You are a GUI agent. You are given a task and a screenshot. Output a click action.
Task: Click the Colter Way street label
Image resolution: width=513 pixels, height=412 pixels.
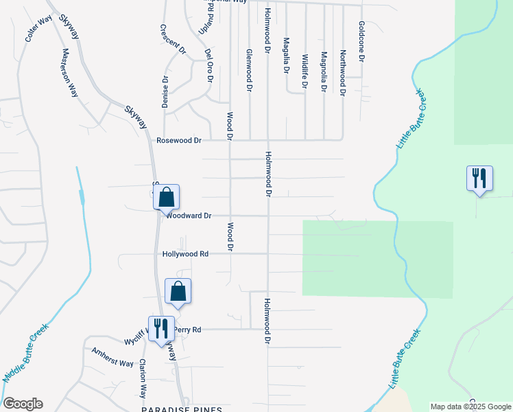39,29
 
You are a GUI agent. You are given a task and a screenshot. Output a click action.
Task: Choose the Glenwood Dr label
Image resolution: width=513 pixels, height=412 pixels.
249,71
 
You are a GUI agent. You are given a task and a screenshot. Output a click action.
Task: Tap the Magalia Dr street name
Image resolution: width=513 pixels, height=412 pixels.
286,56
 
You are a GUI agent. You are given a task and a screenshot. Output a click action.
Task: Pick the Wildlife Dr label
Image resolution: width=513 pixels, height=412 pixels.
305,71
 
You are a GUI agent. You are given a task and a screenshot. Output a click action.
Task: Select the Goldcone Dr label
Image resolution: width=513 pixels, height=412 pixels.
361,42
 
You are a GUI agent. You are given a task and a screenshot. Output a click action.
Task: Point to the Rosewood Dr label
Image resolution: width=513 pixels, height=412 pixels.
179,140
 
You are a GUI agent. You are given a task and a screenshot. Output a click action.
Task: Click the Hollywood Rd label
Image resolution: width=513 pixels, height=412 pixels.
185,254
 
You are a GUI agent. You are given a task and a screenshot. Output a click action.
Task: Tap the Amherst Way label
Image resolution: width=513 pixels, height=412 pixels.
112,357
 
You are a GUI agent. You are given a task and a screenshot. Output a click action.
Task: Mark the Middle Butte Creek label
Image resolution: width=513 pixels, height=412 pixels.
27,354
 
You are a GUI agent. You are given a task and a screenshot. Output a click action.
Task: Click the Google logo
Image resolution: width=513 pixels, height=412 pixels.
23,404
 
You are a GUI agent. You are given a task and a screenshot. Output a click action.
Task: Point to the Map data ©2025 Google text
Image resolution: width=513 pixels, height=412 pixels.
471,407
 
